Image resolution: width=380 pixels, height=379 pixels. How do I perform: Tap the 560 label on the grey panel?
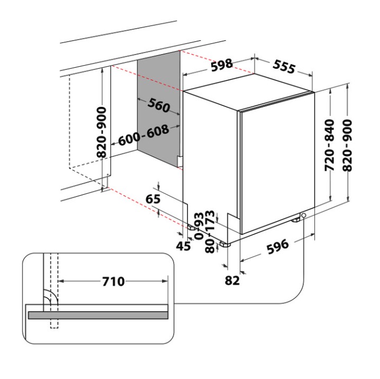click(x=158, y=105)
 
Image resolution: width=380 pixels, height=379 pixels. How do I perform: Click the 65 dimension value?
click(x=152, y=200)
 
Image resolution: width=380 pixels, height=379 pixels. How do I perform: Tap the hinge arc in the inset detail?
click(x=49, y=297)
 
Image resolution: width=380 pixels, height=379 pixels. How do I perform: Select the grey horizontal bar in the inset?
click(x=98, y=315)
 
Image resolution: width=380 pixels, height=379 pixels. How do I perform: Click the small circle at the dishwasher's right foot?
click(x=304, y=215)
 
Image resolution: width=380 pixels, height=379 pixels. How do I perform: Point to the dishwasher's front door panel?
click(x=275, y=164)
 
